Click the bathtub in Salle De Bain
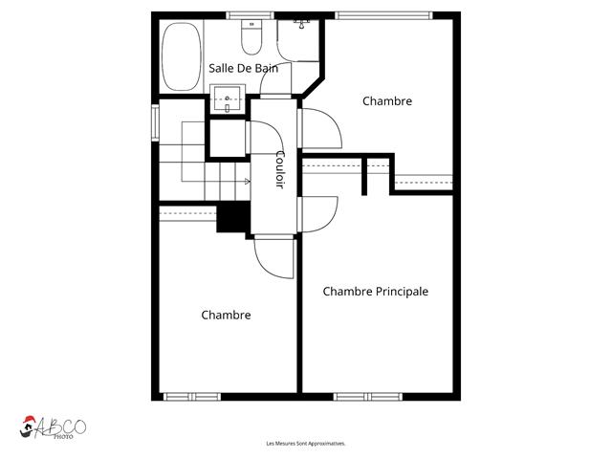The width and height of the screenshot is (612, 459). click(181, 56)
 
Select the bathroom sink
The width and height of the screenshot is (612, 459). click(228, 96)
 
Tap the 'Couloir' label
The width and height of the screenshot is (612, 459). click(279, 169)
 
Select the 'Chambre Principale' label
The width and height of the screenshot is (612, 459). click(375, 292)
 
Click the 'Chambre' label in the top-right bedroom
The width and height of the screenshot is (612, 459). click(386, 100)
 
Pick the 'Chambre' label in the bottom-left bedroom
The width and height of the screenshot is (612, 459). click(226, 315)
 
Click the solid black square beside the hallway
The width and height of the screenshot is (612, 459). click(232, 217)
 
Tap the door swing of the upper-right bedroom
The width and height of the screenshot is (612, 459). click(320, 129)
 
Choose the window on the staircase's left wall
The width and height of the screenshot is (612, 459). click(155, 122)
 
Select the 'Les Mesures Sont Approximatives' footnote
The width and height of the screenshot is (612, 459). click(305, 444)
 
